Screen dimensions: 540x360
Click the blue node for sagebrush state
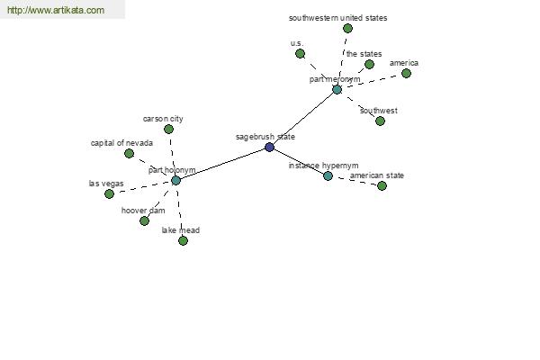tap(269, 148)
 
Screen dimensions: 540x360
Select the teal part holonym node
tap(175, 181)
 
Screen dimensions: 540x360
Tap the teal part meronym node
tap(337, 90)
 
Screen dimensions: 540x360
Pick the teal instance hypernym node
tap(328, 176)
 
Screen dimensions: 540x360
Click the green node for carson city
tap(168, 130)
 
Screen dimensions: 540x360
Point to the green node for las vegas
tap(109, 194)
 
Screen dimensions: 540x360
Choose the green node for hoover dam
tap(144, 220)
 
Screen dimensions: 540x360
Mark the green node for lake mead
tap(183, 240)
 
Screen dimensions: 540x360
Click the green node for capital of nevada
tap(129, 154)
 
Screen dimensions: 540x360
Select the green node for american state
tap(382, 186)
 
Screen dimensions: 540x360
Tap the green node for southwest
tap(380, 121)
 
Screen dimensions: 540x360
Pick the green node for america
tap(406, 74)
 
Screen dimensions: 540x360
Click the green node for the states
tap(369, 65)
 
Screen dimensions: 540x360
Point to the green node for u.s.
tap(300, 54)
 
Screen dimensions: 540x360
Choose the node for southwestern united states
tap(347, 29)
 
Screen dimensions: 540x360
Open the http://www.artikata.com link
tap(56, 10)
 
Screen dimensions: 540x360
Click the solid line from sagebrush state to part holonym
tap(222, 164)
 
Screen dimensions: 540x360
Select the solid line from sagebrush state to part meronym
tap(303, 119)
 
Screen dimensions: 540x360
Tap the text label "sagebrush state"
tap(265, 137)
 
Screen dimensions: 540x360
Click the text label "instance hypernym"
tap(323, 166)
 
